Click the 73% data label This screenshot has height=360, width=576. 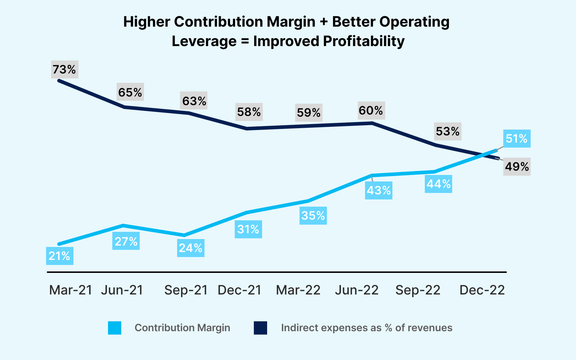click(64, 69)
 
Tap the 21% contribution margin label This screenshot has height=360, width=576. click(60, 256)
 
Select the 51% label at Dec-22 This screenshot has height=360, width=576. click(516, 139)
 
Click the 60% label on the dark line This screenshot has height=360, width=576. click(371, 111)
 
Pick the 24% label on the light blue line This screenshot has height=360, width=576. click(190, 248)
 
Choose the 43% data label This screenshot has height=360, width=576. click(378, 190)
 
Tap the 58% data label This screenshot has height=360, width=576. click(249, 112)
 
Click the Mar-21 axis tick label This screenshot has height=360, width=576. click(71, 290)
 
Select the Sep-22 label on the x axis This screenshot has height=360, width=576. click(418, 290)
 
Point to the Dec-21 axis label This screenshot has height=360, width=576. click(239, 290)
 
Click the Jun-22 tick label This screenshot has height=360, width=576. click(357, 290)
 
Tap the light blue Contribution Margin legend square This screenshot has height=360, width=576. click(114, 328)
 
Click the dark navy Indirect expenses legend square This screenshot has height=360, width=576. click(260, 328)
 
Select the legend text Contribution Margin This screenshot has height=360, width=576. click(182, 328)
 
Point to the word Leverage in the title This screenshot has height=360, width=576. click(204, 41)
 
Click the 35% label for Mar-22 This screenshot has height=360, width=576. click(313, 216)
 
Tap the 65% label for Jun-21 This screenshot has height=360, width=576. click(130, 93)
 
